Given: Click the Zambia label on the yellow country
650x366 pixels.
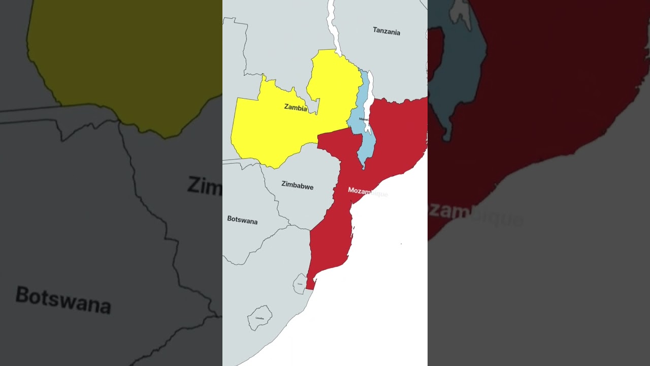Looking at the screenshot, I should (x=296, y=108).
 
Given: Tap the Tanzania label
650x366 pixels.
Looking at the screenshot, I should (x=386, y=32).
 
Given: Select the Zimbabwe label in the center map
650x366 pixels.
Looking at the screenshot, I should (x=298, y=186).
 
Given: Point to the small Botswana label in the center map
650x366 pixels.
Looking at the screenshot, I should (x=242, y=221).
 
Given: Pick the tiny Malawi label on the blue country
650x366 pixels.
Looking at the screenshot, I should (x=364, y=119).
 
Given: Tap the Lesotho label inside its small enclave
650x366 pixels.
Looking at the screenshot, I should (x=260, y=318).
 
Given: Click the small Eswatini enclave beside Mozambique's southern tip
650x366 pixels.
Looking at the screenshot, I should (x=300, y=284).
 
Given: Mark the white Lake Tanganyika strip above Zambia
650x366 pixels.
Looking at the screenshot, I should (x=334, y=25).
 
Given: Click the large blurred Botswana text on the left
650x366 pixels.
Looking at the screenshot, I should (x=63, y=299).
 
